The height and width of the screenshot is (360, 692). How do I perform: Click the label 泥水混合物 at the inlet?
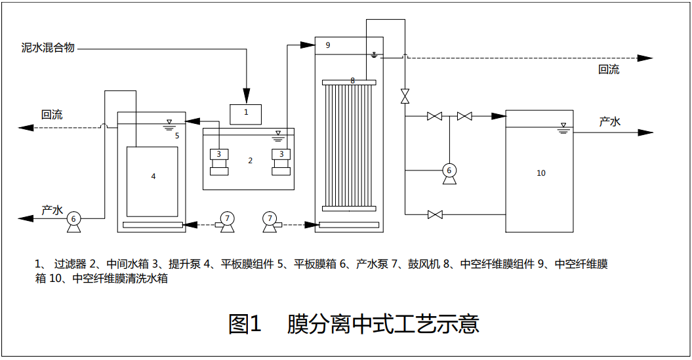[x=48, y=48]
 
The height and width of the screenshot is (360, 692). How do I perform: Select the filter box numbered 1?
[x=246, y=113]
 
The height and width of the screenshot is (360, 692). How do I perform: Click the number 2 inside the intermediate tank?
[x=250, y=161]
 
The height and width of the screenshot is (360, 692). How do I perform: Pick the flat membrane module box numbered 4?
[x=152, y=181]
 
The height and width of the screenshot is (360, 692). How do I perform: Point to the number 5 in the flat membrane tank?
[x=176, y=136]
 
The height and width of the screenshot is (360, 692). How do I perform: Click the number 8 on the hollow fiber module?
[x=352, y=81]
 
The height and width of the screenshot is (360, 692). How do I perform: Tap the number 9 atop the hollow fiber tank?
[x=328, y=45]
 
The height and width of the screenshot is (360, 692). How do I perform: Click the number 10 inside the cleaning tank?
[x=540, y=173]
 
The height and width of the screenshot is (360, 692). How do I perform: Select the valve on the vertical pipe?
[x=405, y=96]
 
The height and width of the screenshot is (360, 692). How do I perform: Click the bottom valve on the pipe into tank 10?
[x=434, y=214]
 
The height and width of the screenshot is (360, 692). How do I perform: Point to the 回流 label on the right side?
[x=608, y=70]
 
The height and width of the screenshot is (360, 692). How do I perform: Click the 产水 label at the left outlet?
[x=52, y=210]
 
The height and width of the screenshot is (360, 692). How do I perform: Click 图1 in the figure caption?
[x=245, y=323]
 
